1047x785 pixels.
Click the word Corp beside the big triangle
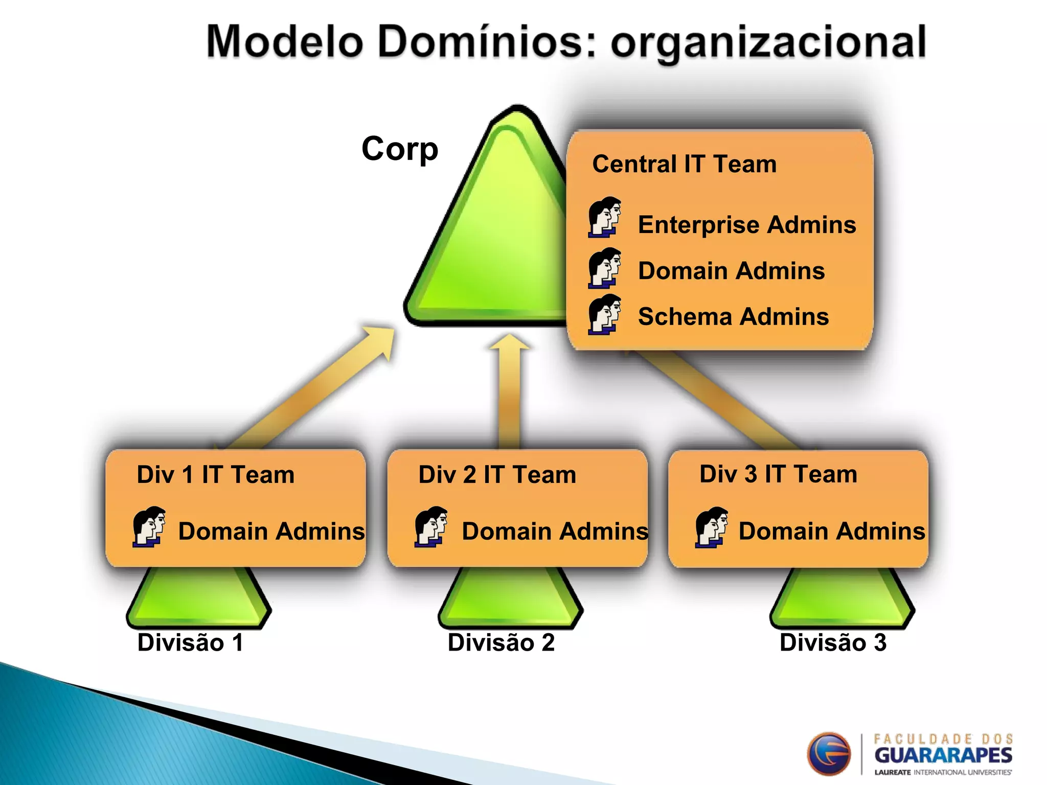coord(399,149)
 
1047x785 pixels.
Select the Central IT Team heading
coord(684,164)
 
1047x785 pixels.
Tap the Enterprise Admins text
coord(746,225)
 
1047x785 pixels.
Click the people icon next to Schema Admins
coord(604,315)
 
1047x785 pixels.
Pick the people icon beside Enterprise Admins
coord(604,218)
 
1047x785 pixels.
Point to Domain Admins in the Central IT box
coord(731,271)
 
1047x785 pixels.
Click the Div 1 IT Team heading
coord(216,475)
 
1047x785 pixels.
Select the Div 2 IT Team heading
coord(497,475)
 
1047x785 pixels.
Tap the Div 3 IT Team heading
coord(778,474)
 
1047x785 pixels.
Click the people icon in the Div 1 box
coord(149,527)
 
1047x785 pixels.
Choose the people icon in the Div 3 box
coord(711,527)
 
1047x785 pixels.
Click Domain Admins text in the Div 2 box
coord(555,532)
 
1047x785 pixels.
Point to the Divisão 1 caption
coord(190,642)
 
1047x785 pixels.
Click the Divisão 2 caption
coord(501,642)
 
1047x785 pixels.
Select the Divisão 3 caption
coord(833,642)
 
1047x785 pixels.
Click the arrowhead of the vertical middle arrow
coord(509,342)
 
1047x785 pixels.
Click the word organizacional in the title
coord(768,43)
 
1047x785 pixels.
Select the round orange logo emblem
coord(829,754)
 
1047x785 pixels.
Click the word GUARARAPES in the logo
coord(943,755)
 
